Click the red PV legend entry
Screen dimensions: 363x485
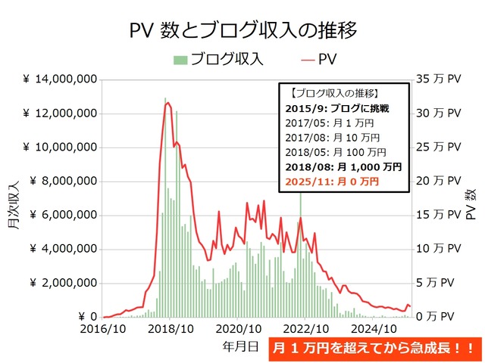tap(319, 59)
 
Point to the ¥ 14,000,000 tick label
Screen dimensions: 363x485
tap(59, 79)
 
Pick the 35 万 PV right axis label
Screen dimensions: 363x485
tap(439, 79)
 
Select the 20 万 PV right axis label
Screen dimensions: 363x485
tap(439, 181)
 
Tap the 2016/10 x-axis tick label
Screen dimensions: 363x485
tap(103, 330)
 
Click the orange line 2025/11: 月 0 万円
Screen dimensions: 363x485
tap(334, 182)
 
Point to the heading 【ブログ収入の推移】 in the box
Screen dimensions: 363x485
tap(335, 93)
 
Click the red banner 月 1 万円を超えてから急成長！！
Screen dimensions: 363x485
tap(375, 350)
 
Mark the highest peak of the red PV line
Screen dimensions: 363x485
tap(167, 103)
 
